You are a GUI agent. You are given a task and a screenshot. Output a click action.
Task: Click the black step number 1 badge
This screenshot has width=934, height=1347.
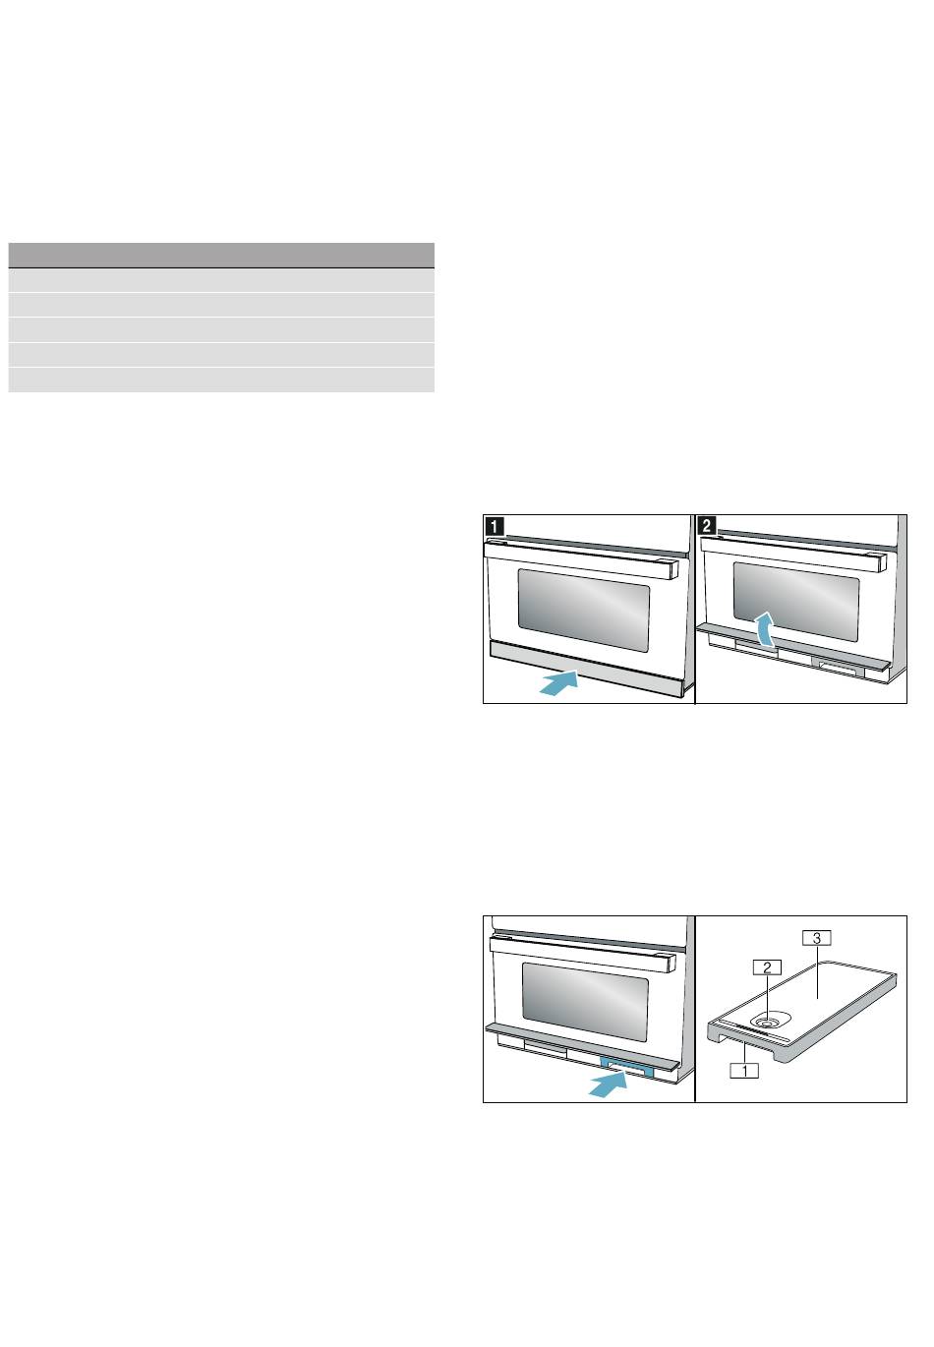494,526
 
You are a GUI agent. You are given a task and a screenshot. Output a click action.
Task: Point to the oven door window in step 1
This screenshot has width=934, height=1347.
584,612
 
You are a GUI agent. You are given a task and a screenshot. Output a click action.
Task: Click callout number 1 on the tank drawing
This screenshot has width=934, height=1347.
745,1071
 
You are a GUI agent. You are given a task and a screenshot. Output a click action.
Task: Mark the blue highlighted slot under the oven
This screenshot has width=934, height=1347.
625,1068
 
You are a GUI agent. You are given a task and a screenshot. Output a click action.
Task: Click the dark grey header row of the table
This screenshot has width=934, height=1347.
221,254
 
